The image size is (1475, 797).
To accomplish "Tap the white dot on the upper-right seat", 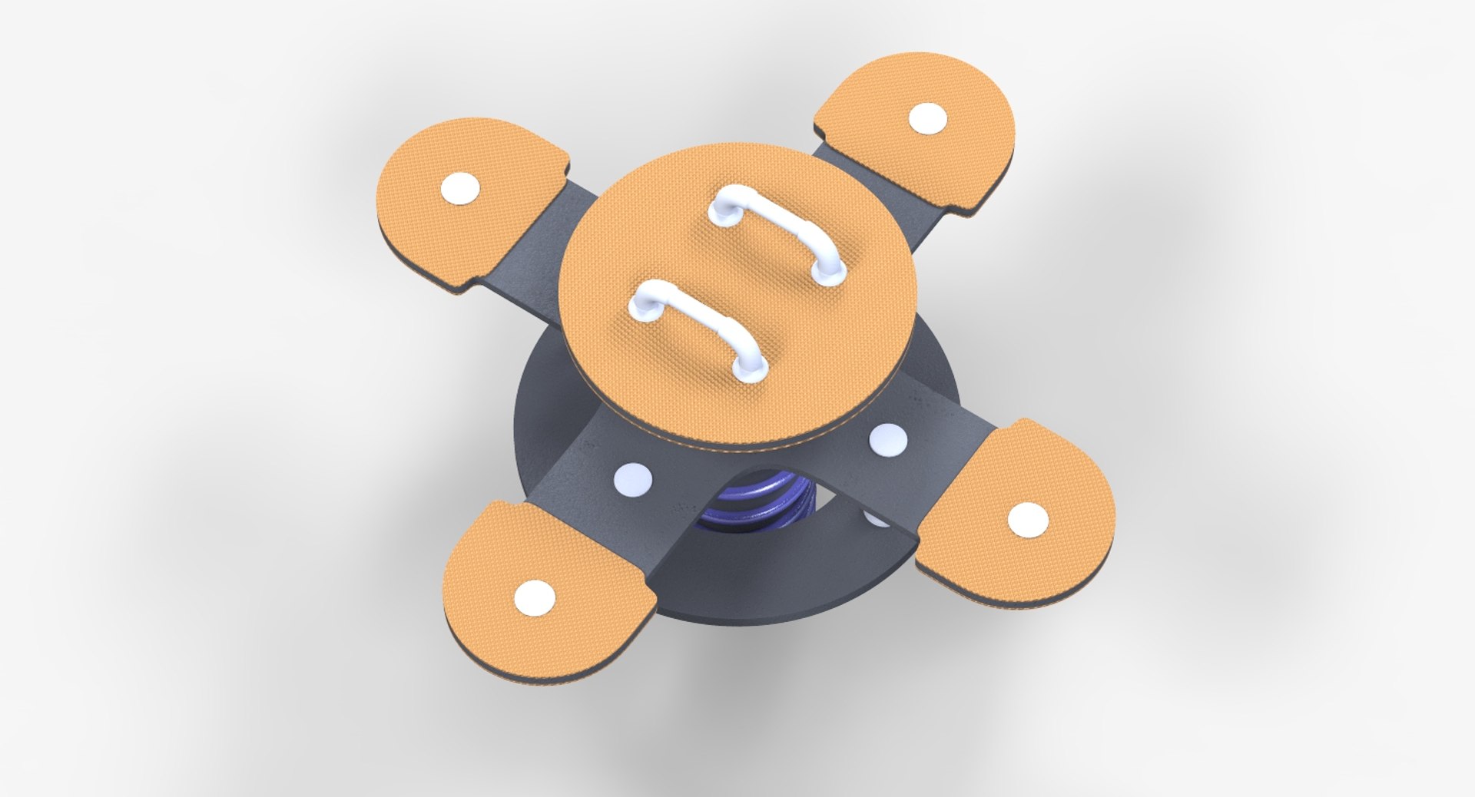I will pyautogui.click(x=928, y=119).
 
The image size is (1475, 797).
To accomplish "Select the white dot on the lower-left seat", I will pyautogui.click(x=535, y=597).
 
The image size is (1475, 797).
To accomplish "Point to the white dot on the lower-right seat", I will pyautogui.click(x=1027, y=521).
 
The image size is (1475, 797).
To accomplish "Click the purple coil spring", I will pyautogui.click(x=757, y=507).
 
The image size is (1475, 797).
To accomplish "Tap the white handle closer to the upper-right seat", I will pyautogui.click(x=776, y=223).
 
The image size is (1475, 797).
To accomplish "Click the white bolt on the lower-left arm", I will pyautogui.click(x=633, y=480).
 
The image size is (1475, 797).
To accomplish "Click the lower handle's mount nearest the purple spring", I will pyautogui.click(x=750, y=371).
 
